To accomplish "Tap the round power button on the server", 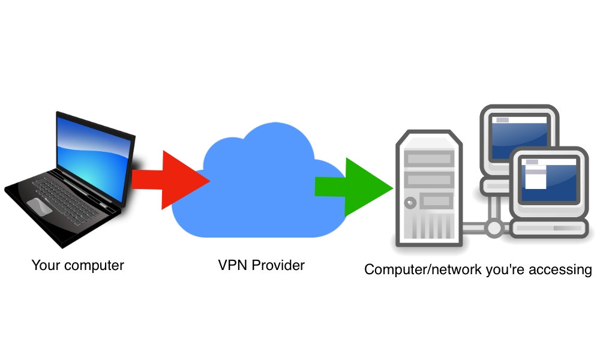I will [x=410, y=202].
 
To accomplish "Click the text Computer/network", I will [x=421, y=269].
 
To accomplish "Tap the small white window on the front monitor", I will [x=536, y=178].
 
